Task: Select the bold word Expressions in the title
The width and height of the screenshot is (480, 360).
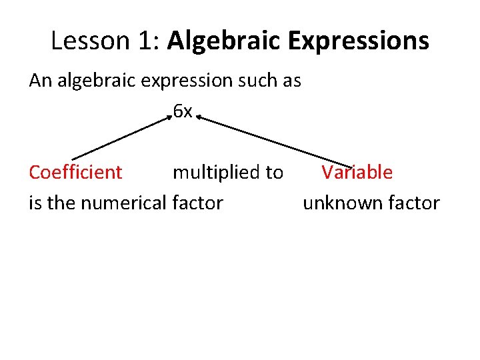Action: coord(360,41)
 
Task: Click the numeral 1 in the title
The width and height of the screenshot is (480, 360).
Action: coord(146,41)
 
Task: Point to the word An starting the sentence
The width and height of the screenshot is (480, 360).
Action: coord(40,81)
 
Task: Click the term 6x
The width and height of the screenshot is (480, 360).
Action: coord(182,111)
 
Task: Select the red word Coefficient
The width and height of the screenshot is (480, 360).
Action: coord(75,172)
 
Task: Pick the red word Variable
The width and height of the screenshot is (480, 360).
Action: coord(357,172)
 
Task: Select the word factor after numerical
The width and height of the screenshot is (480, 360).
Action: coord(197,203)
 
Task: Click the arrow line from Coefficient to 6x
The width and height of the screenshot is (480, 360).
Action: coord(120,138)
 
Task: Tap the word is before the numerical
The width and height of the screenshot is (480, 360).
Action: coord(35,203)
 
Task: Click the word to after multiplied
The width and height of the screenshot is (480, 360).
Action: coord(274,173)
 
